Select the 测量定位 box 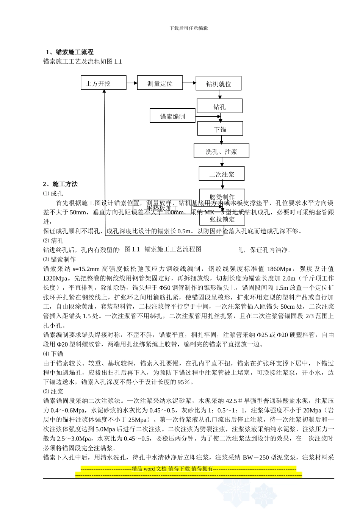[160, 83]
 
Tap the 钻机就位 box [218, 83]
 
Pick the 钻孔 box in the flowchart [219, 106]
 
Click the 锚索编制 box [172, 116]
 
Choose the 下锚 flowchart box [220, 129]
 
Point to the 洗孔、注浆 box [221, 151]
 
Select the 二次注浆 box [222, 174]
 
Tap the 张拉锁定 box [222, 219]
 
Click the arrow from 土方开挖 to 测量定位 [131, 83]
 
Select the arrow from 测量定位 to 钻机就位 [189, 83]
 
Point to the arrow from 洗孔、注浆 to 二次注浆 [222, 162]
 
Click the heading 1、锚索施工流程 [70, 52]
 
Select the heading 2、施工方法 [60, 184]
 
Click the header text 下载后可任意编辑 [189, 28]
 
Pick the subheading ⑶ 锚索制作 [59, 259]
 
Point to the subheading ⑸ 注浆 [53, 392]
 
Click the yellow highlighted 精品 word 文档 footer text [172, 468]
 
